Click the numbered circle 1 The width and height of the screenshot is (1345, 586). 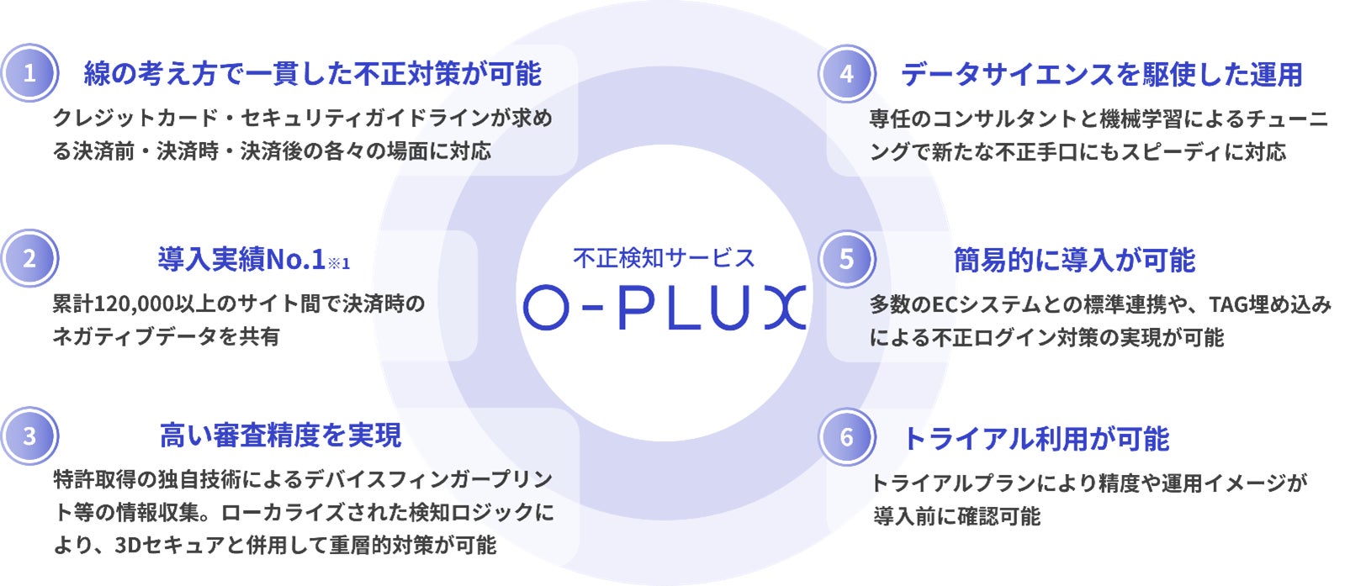[x=29, y=73]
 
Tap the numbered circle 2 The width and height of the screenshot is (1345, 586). [x=29, y=258]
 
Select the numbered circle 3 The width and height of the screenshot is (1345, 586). [x=29, y=436]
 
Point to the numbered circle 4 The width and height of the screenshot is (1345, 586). [x=846, y=74]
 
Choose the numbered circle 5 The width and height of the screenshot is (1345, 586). [x=846, y=259]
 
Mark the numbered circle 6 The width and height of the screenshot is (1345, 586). [x=846, y=437]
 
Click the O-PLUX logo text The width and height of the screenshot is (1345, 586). [x=665, y=308]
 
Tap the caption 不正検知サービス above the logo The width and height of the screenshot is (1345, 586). [x=664, y=258]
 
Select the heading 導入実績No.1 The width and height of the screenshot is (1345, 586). [x=241, y=260]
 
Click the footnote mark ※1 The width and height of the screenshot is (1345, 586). [x=339, y=264]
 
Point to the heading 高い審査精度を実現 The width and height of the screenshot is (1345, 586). [x=281, y=436]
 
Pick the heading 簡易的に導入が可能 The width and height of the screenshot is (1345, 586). [x=1074, y=261]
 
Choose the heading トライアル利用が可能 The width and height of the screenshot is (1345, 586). [x=1035, y=439]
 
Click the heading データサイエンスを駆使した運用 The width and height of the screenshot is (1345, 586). [x=1101, y=75]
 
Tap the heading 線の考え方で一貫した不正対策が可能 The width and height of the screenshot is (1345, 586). [x=312, y=74]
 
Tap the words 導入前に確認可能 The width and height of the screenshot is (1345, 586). [x=956, y=516]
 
